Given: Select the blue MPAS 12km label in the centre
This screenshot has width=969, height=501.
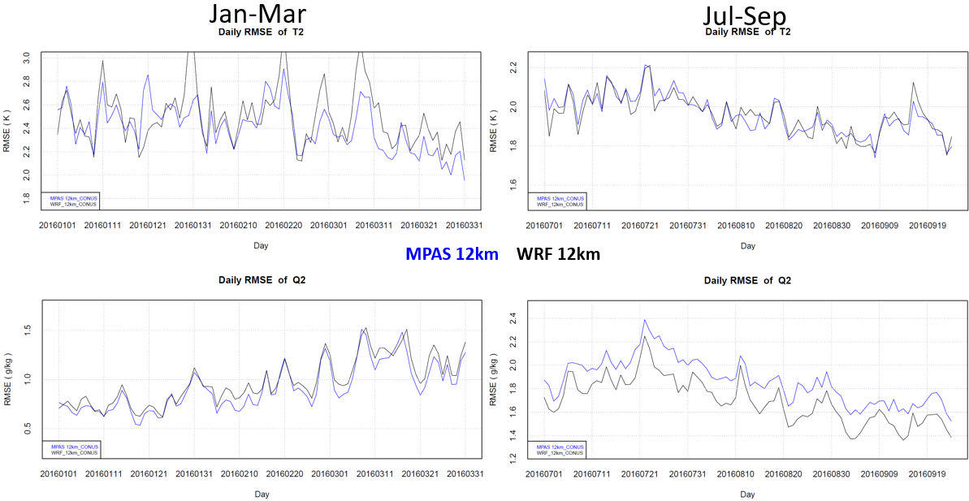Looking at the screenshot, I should click(452, 254).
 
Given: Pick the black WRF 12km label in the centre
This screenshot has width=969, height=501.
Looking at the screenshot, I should click(558, 254).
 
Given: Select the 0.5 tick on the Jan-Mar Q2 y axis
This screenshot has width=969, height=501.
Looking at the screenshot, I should click(27, 430).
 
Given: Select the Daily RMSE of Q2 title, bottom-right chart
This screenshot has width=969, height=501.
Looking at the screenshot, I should click(748, 280).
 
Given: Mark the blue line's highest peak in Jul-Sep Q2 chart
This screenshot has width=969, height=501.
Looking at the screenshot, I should click(645, 320).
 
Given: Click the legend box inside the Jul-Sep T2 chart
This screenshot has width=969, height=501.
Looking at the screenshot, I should click(557, 200).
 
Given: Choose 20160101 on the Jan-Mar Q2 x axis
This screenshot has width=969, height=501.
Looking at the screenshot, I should click(58, 473).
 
